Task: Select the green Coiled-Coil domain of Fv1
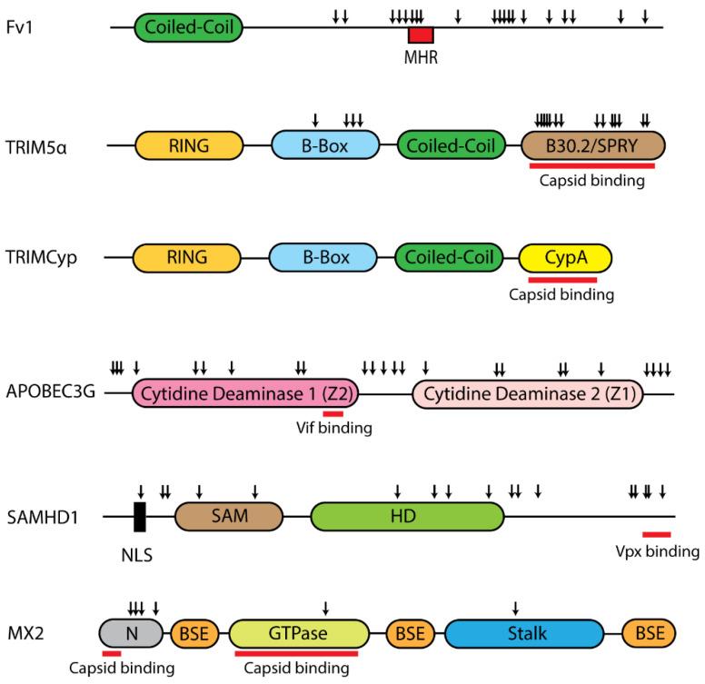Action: point(189,27)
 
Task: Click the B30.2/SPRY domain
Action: point(594,144)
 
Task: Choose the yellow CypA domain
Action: point(565,257)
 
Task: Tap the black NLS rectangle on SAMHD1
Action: point(140,517)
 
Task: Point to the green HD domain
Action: point(406,517)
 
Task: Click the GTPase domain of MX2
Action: point(298,632)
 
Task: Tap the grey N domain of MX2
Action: point(130,632)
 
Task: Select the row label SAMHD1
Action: point(45,518)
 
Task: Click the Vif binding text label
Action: point(334,428)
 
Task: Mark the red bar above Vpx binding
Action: point(656,534)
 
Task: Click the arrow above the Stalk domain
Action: point(516,607)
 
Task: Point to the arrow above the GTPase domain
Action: point(325,607)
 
